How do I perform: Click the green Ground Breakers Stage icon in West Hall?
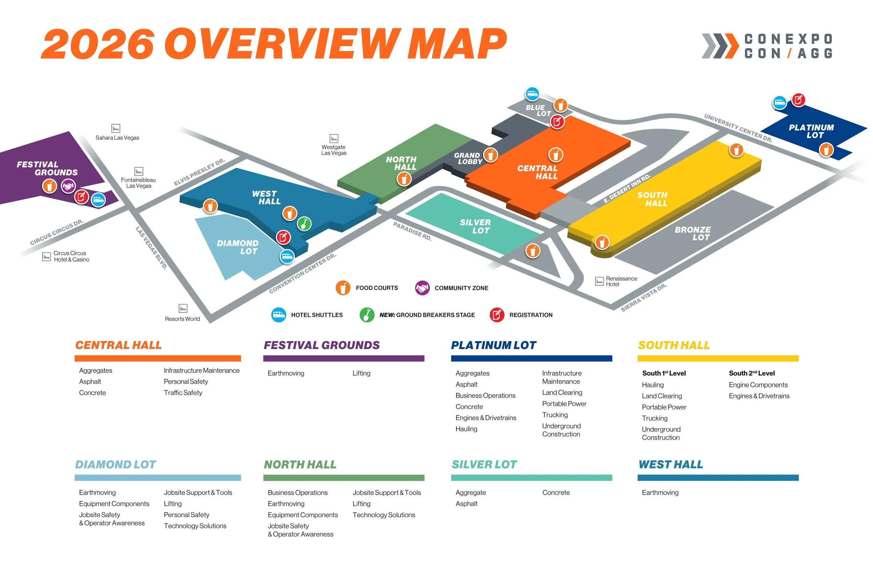point(303,223)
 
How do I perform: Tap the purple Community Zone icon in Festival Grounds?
point(68,186)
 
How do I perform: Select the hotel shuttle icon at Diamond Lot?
point(287,256)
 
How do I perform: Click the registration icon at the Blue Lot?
point(557,122)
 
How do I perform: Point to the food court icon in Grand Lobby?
point(490,155)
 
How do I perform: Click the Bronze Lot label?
point(692,233)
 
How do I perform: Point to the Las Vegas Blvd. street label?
point(151,248)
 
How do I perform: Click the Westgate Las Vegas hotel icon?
point(333,138)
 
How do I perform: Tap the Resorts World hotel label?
point(182,319)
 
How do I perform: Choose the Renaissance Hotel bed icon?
point(599,281)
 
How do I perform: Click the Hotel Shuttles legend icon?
point(278,315)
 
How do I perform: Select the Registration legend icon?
point(497,315)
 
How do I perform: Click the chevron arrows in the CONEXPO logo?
point(719,46)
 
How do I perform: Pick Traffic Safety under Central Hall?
point(183,393)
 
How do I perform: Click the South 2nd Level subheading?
point(751,373)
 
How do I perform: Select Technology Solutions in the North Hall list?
point(383,515)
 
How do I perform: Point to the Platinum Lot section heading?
point(493,345)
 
